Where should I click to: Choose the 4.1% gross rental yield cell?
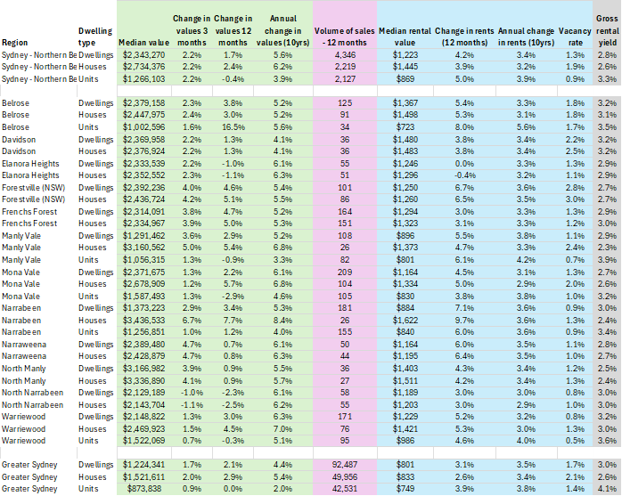pos(607,487)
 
